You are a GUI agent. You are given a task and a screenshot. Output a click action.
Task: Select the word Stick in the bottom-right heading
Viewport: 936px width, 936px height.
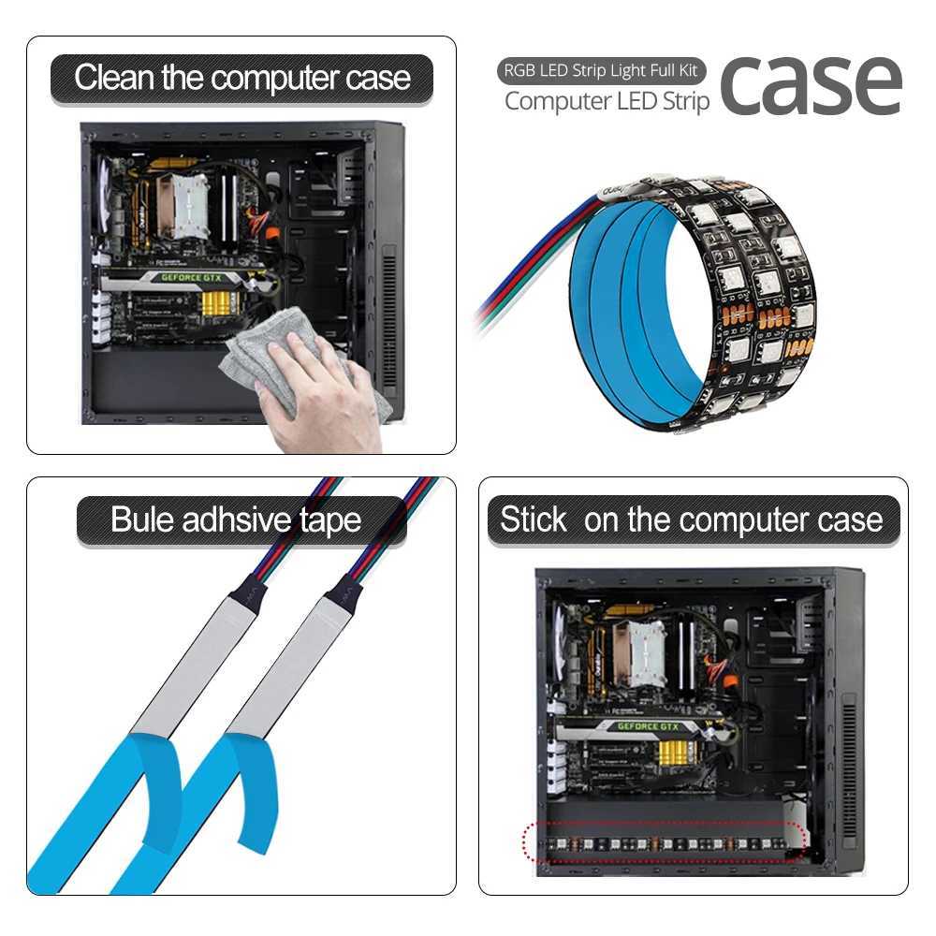[x=534, y=519]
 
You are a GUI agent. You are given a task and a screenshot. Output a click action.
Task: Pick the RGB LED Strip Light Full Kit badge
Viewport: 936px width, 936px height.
[x=601, y=70]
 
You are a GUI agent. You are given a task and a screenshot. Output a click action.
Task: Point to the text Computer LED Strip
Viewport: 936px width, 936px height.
[x=607, y=101]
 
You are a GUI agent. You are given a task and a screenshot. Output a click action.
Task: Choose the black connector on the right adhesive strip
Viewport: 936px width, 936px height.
[x=343, y=590]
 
